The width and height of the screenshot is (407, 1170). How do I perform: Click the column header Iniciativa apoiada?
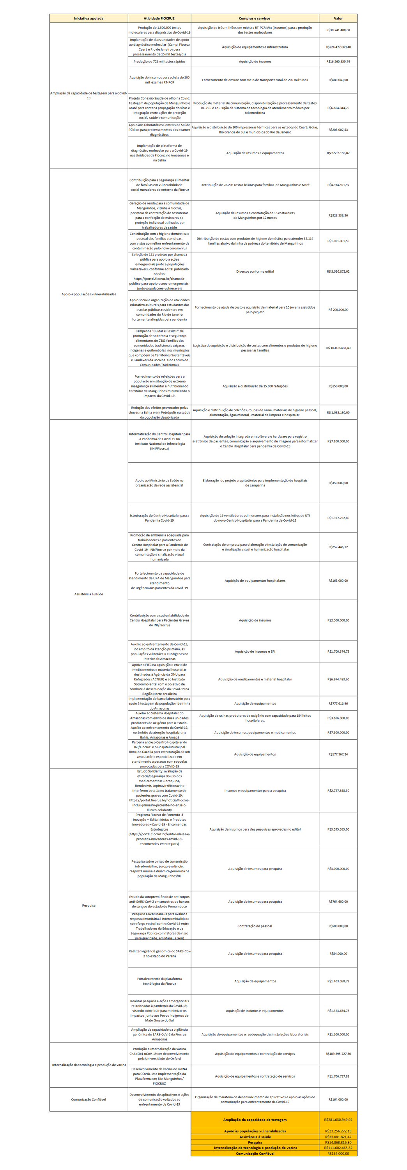[x=88, y=19]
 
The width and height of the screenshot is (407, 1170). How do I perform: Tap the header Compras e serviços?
[x=255, y=19]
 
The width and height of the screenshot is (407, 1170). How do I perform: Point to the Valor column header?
[x=338, y=19]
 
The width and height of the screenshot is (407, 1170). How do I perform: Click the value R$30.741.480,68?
[x=338, y=30]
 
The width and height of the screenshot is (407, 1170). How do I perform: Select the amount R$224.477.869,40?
[x=338, y=47]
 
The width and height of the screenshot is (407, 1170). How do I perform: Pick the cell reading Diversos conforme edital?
[x=255, y=272]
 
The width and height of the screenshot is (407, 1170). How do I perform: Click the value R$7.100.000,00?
[x=338, y=441]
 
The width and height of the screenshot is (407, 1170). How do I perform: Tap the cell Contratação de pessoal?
[x=255, y=926]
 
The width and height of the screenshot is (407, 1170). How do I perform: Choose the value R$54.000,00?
[x=338, y=953]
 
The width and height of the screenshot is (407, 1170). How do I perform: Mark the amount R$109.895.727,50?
[x=338, y=1054]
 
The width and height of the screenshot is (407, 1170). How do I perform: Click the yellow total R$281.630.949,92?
[x=338, y=1120]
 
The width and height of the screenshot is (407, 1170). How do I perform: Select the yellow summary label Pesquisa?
[x=255, y=1142]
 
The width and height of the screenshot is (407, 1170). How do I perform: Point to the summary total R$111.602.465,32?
[x=338, y=1148]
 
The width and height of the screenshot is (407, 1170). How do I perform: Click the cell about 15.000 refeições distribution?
[x=255, y=386]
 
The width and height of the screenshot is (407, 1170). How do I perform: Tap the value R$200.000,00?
[x=338, y=310]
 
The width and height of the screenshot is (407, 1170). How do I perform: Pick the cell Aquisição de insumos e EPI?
[x=255, y=651]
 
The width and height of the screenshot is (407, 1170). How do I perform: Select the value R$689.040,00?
[x=338, y=80]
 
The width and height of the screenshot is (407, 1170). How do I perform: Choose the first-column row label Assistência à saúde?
[x=88, y=594]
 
